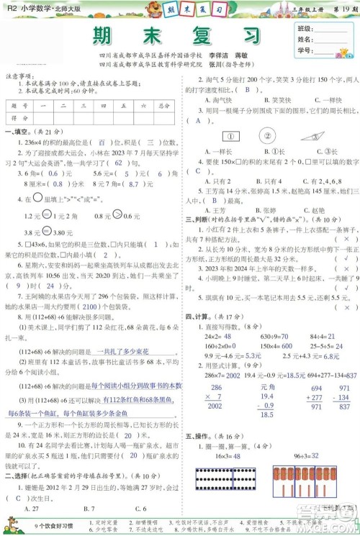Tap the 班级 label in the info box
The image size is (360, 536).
coord(305,29)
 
